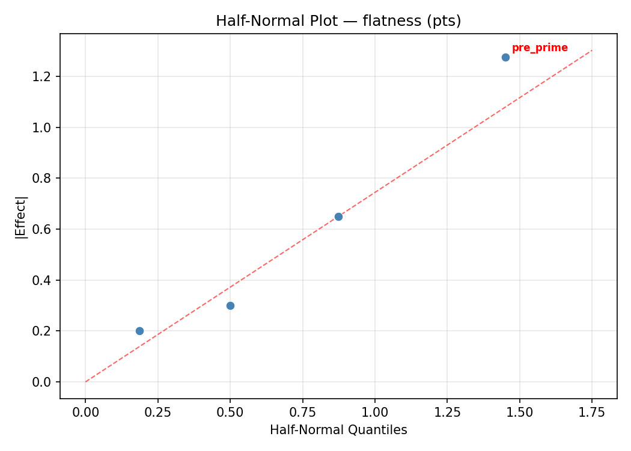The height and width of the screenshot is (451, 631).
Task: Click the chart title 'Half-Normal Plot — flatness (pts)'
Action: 338,21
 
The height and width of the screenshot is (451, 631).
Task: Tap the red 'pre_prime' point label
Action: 540,48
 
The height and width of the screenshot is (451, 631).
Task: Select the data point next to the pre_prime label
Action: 505,57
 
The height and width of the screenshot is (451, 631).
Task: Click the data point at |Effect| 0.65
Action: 338,216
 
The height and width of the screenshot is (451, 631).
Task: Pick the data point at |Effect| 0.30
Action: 230,305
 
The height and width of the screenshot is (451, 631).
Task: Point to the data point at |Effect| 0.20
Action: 139,331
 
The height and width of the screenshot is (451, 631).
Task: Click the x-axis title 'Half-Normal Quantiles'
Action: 338,430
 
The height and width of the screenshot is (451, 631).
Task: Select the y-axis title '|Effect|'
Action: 21,216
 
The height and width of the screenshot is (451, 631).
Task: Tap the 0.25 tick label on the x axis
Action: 157,413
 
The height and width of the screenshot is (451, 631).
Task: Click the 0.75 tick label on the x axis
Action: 302,413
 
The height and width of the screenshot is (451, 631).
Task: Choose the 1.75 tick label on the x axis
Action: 591,413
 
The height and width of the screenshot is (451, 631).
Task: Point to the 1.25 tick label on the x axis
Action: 447,413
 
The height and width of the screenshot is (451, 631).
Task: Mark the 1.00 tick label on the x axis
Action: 374,413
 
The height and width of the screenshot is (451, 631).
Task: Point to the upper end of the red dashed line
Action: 591,51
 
